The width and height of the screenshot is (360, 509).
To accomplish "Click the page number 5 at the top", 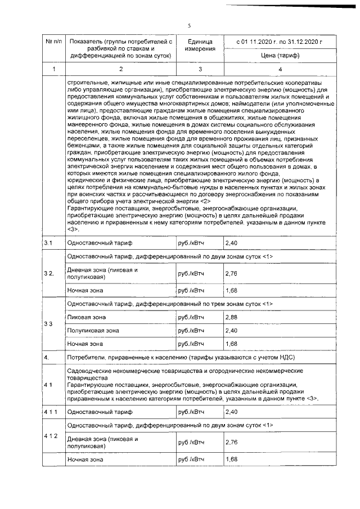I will tap(190, 25).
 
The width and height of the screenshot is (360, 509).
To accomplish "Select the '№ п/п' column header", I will tap(53, 42).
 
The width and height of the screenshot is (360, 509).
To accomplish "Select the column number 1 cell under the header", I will tap(53, 69).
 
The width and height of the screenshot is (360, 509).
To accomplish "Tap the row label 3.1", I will tap(48, 242).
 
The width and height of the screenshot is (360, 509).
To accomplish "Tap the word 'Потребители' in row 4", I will tap(86, 357).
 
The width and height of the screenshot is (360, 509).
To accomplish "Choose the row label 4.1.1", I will tap(51, 412).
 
